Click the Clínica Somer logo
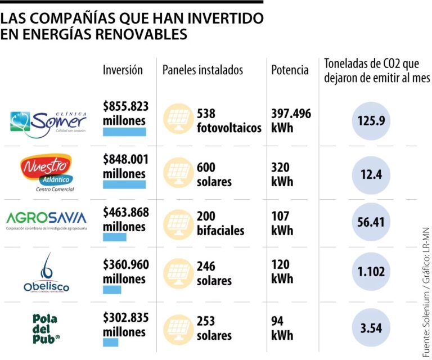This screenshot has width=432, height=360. [x=48, y=121]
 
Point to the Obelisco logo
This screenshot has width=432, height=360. [x=46, y=273]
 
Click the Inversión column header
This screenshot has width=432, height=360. [x=123, y=70]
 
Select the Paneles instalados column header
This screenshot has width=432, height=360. [x=202, y=70]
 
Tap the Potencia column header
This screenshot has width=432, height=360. [x=290, y=70]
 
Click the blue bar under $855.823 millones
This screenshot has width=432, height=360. [x=124, y=132]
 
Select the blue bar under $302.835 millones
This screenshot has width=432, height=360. [x=110, y=342]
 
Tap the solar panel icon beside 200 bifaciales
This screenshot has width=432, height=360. [x=177, y=223]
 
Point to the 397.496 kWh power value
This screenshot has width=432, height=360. [x=291, y=120]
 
